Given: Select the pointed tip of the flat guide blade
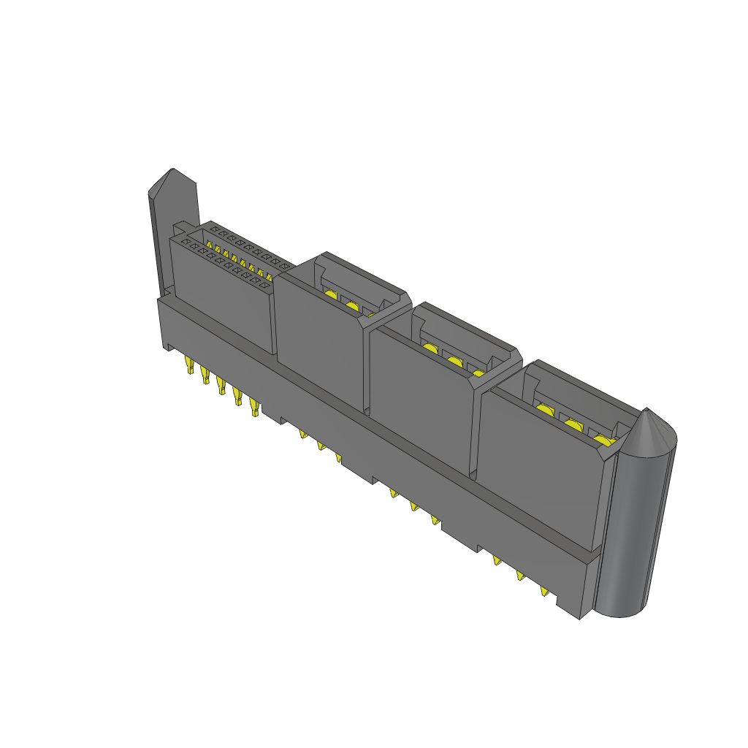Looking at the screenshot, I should [172, 172].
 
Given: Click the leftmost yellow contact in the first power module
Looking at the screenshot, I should [331, 295].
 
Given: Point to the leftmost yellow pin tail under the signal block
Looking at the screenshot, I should [190, 365].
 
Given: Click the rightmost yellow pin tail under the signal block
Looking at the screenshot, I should [254, 407].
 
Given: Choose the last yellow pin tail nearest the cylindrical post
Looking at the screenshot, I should [544, 590].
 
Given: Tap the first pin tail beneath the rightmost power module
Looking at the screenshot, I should [497, 561].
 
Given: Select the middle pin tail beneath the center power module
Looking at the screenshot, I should [415, 505].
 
